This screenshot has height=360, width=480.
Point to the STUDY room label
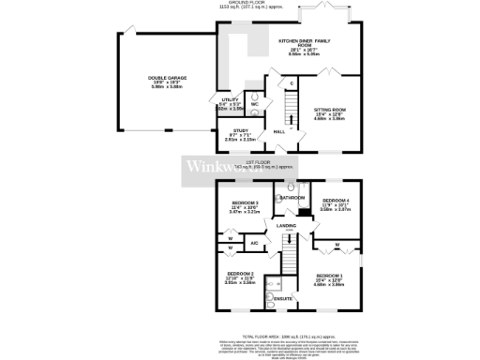coord(241,131)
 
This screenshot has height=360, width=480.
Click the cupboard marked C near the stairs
coord(292,83)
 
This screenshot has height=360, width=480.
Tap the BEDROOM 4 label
coord(336,200)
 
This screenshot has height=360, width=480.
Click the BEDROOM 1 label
coord(328,274)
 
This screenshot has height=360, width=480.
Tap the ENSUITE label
coord(281,299)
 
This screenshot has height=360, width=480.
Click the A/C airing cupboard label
coord(253,244)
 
